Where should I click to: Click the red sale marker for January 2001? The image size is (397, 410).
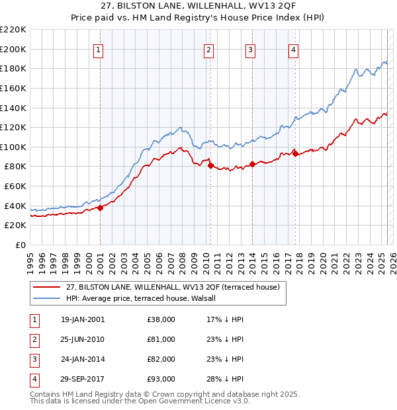[x=100, y=208]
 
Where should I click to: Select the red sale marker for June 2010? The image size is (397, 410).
[x=210, y=166]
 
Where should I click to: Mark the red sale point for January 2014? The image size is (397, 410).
[x=252, y=165]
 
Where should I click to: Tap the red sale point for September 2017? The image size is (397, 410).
[x=295, y=154]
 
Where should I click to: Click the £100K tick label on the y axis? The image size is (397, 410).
[x=14, y=147]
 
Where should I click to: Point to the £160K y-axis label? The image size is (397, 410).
[x=14, y=88]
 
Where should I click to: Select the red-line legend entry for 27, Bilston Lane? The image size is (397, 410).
[x=173, y=287]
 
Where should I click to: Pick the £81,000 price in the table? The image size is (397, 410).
[x=161, y=339]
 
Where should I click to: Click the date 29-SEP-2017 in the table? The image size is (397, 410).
[x=82, y=379]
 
